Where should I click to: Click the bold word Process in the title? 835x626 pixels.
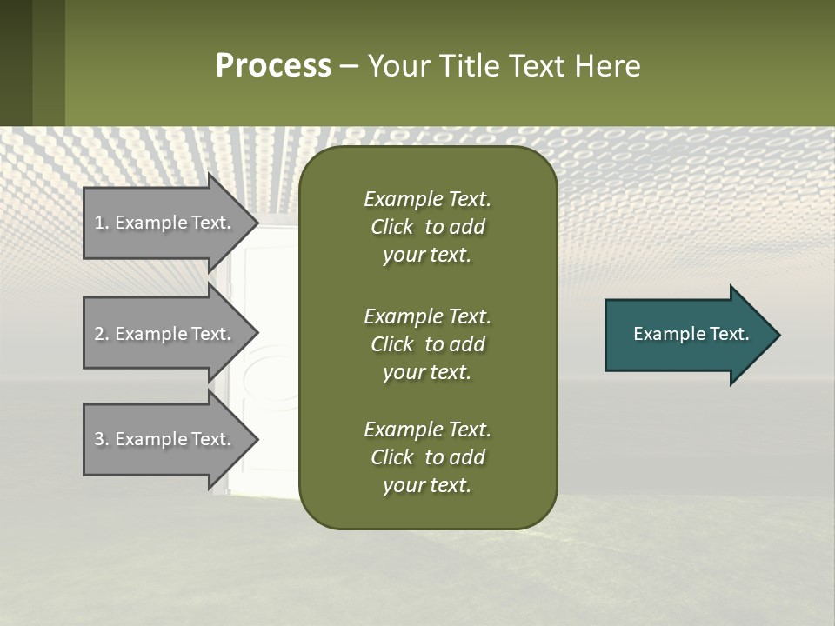273,66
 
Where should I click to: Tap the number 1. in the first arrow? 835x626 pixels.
102,223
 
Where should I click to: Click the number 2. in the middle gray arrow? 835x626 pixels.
102,334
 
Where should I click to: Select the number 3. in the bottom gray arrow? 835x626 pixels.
102,439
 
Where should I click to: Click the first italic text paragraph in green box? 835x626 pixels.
427,227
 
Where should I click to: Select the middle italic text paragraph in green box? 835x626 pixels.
427,344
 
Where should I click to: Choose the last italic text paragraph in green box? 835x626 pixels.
427,457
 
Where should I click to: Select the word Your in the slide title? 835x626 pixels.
396,66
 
